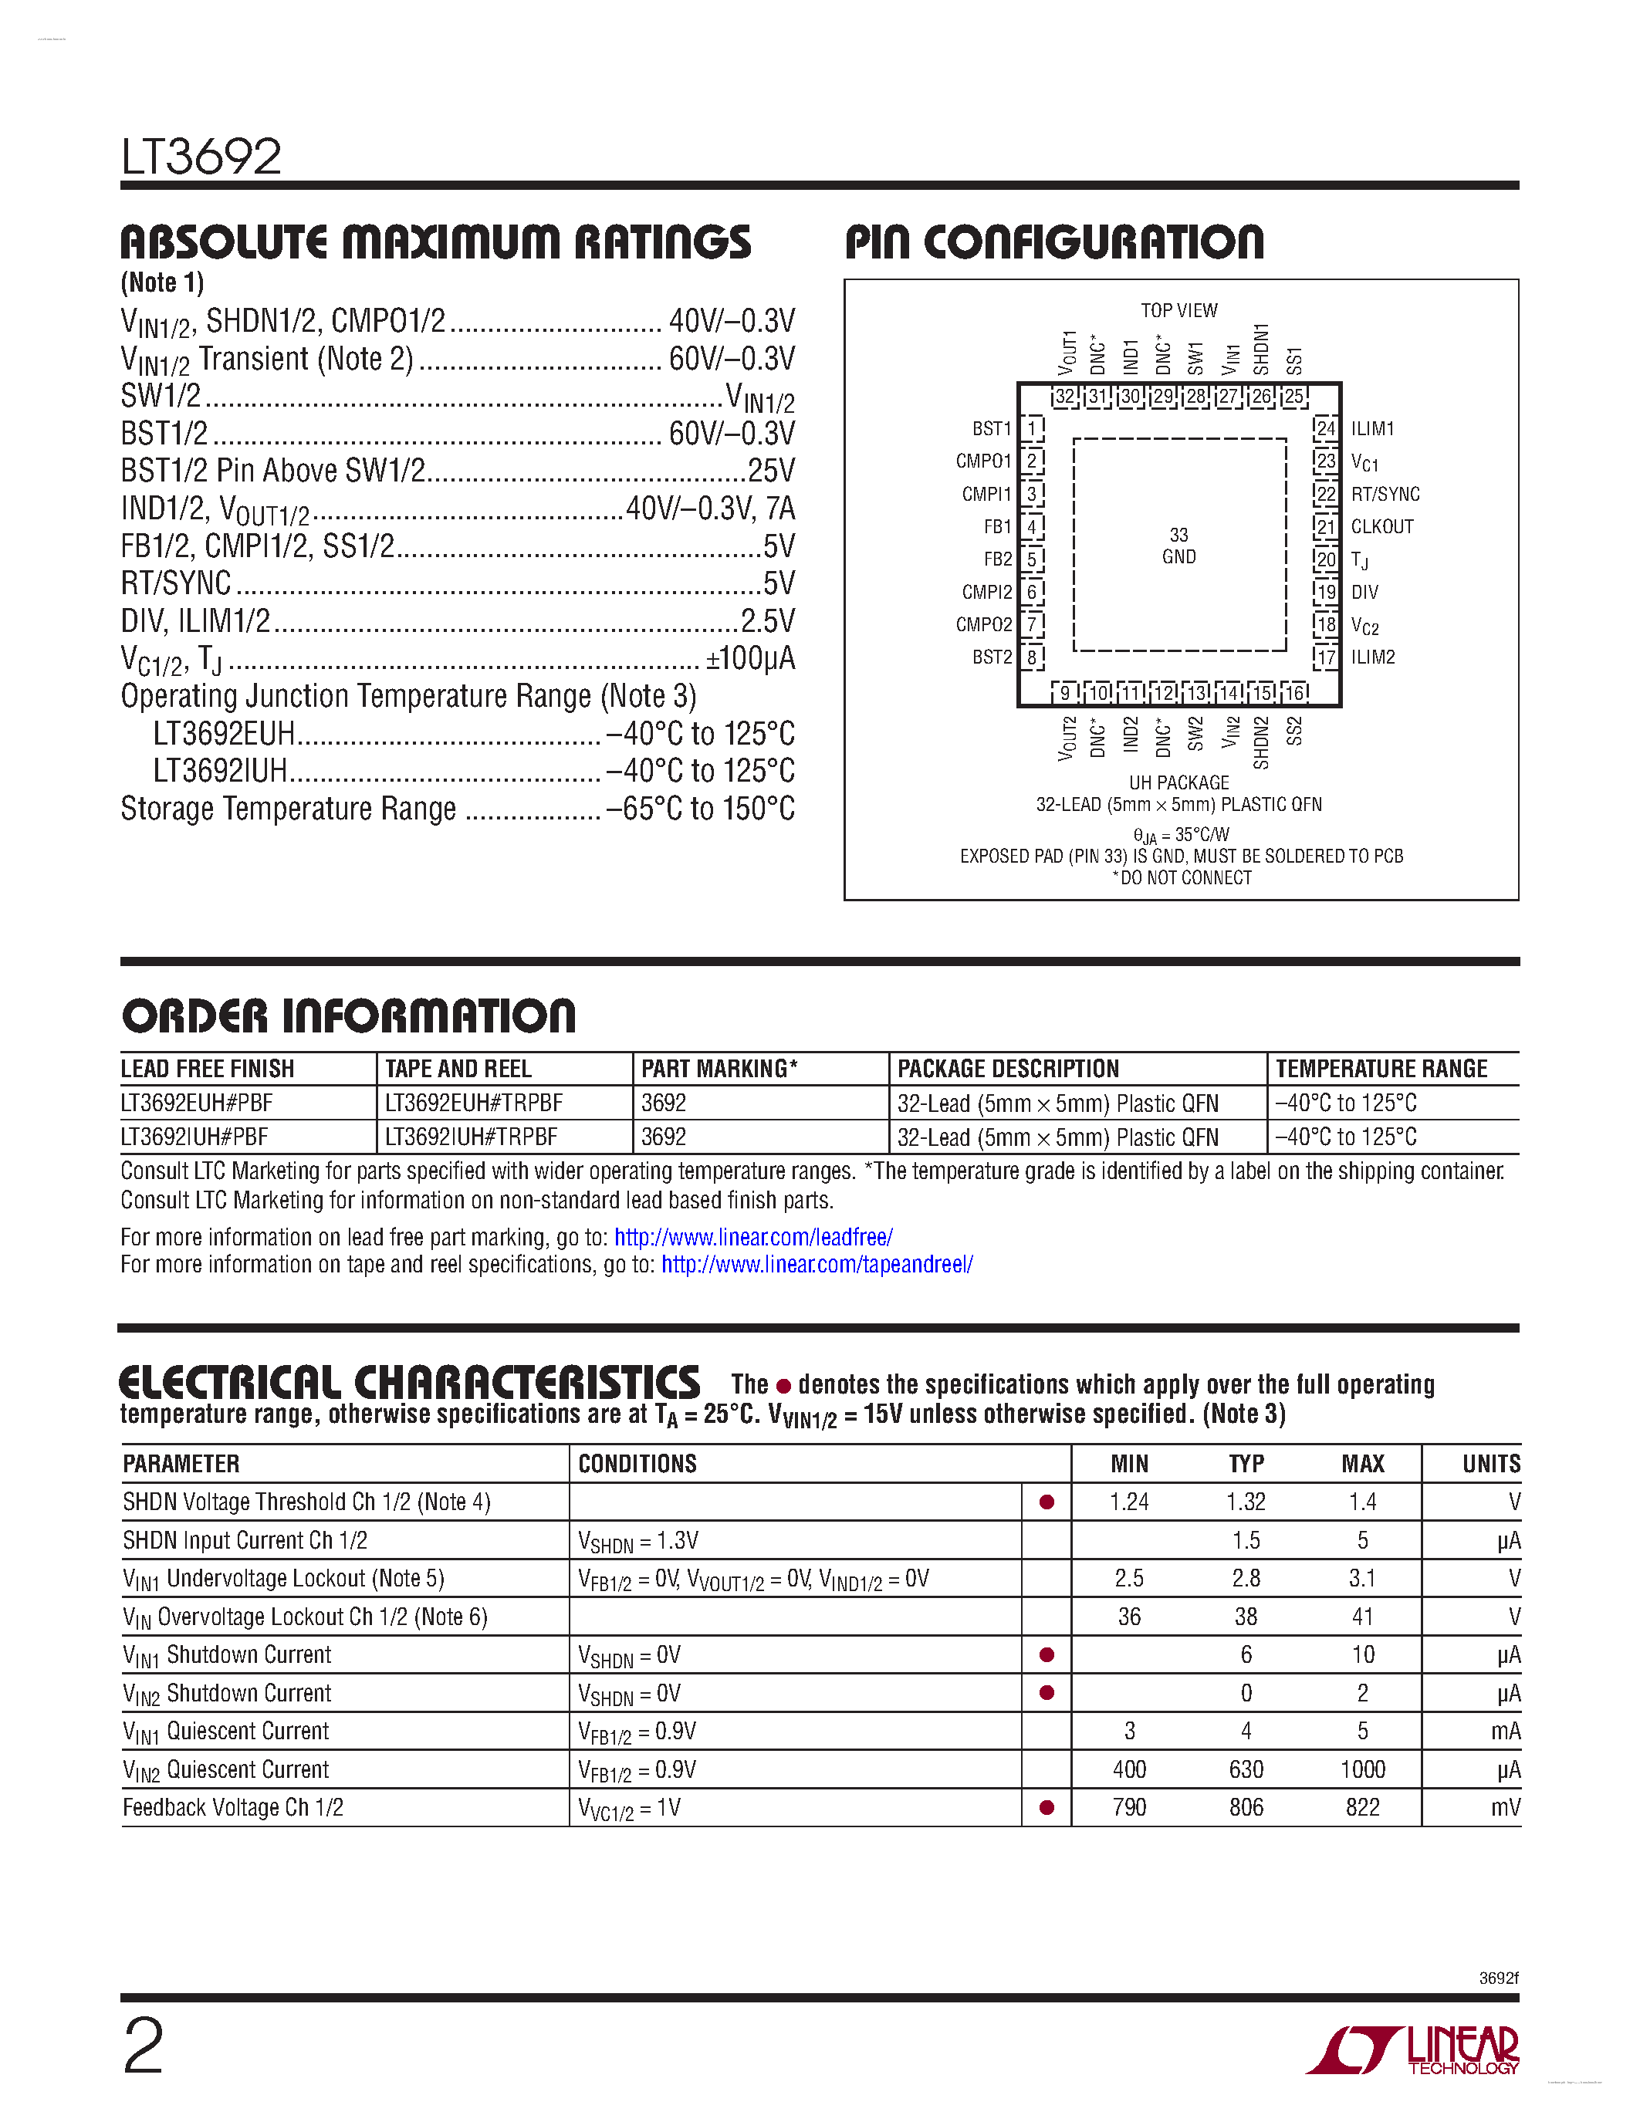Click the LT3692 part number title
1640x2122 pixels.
pyautogui.click(x=201, y=157)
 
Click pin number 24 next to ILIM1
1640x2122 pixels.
pyautogui.click(x=1325, y=428)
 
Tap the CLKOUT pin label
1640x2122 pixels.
pyautogui.click(x=1381, y=526)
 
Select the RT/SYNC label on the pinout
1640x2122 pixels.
pyautogui.click(x=1385, y=494)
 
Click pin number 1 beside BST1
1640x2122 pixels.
pyautogui.click(x=1033, y=428)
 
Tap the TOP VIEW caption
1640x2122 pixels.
pyautogui.click(x=1178, y=311)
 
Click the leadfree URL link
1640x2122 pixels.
pyautogui.click(x=753, y=1237)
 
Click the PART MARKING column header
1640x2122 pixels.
pyautogui.click(x=719, y=1069)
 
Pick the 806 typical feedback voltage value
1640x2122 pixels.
pyautogui.click(x=1246, y=1807)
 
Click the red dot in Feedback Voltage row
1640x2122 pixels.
pyautogui.click(x=1047, y=1808)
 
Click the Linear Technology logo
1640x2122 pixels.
pyautogui.click(x=1414, y=2050)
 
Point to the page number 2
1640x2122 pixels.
pyautogui.click(x=144, y=2046)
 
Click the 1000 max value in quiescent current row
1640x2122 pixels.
pyautogui.click(x=1362, y=1769)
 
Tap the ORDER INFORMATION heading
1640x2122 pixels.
pyautogui.click(x=349, y=1016)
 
